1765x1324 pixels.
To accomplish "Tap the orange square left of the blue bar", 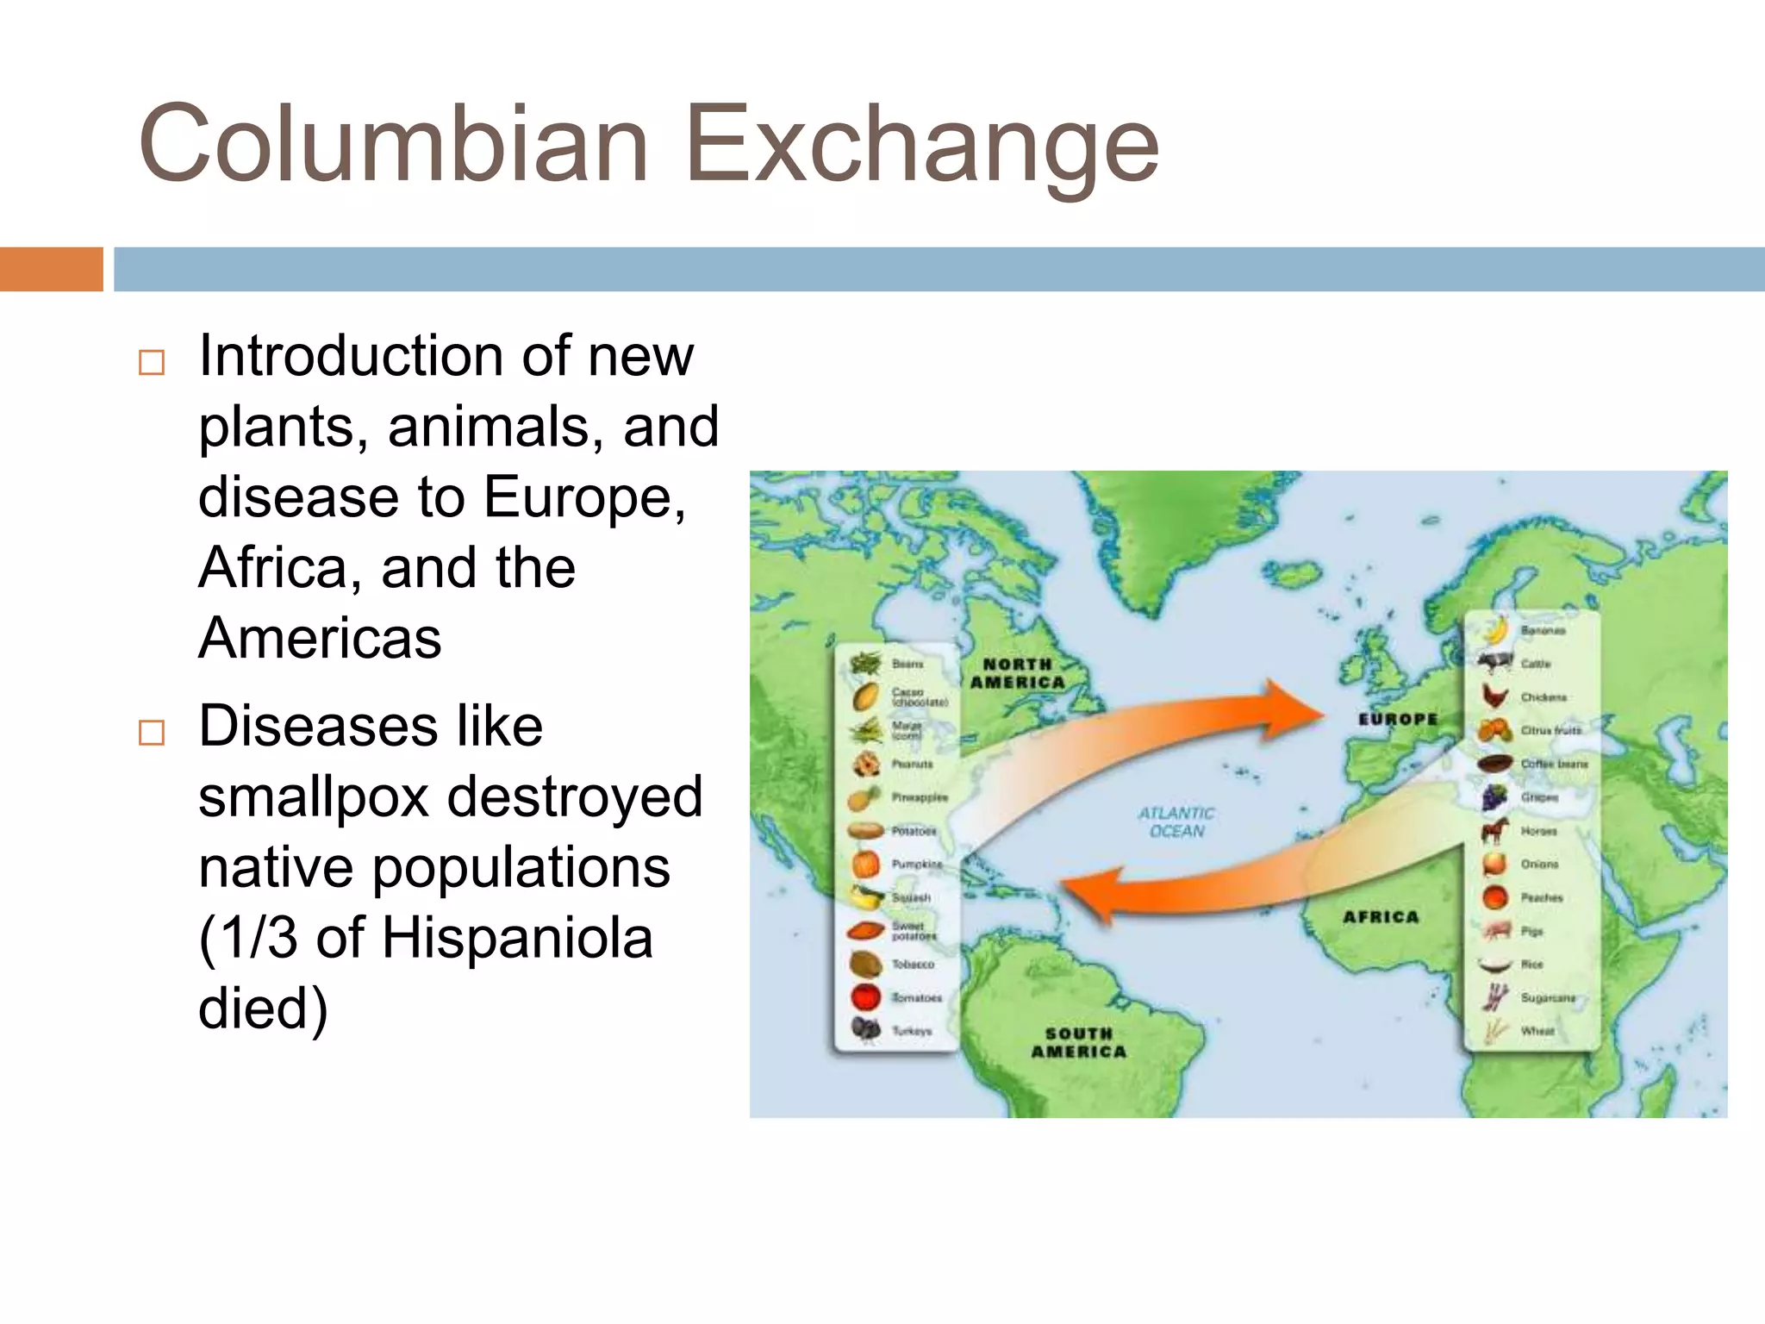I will point(51,269).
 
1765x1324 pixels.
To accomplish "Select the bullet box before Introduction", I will point(152,362).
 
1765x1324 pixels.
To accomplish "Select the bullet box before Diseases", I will point(152,733).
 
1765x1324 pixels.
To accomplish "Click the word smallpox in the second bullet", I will point(314,796).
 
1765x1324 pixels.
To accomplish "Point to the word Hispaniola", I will point(517,938).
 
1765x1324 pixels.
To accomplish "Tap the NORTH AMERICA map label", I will point(1017,673).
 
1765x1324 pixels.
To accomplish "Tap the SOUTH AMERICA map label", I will point(1079,1042).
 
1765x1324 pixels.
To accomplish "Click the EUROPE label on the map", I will point(1398,719).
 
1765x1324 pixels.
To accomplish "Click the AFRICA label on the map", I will point(1381,917).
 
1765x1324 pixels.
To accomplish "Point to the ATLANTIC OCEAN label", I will point(1176,821).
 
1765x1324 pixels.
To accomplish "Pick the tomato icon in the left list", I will point(866,997).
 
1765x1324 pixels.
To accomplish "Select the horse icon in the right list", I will point(1495,831).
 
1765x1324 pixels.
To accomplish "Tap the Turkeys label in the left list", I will point(912,1031).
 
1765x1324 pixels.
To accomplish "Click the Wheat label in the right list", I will point(1537,1031).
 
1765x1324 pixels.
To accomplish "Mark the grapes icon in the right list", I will point(1495,797).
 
